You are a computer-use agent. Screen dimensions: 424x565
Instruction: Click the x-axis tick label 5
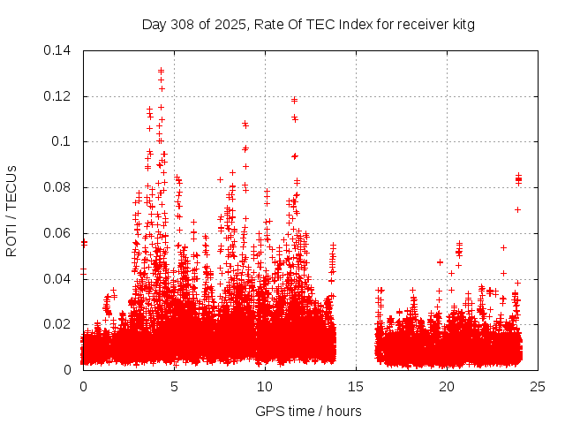[x=174, y=386]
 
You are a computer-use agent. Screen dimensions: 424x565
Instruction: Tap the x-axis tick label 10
[x=265, y=386]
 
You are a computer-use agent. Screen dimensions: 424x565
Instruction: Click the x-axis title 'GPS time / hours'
[x=308, y=411]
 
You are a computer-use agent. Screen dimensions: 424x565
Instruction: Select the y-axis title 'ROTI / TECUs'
[x=11, y=210]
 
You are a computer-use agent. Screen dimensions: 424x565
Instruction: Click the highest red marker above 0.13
[x=161, y=70]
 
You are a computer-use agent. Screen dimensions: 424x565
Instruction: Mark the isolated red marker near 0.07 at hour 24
[x=518, y=209]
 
